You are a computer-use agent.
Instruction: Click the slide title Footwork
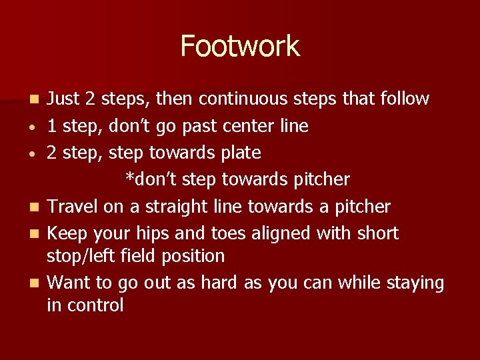[x=240, y=46]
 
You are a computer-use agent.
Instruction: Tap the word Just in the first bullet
[x=65, y=99]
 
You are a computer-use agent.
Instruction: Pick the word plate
[x=241, y=153]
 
